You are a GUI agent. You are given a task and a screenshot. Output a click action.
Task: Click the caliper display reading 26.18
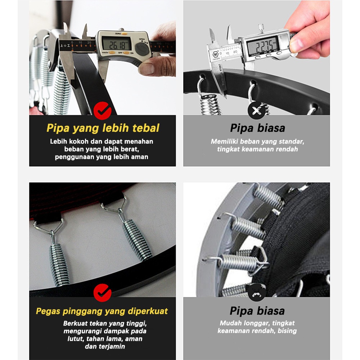117,43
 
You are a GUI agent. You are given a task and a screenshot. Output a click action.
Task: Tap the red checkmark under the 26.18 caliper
102,111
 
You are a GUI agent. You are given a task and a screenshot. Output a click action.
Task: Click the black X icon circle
257,111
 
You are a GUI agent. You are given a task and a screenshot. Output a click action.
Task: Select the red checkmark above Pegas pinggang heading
102,293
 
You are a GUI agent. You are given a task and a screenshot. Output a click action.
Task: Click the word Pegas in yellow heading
48,311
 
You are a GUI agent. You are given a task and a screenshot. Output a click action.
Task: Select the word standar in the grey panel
292,141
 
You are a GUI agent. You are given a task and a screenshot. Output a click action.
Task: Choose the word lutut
76,339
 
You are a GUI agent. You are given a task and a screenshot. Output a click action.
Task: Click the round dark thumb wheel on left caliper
142,49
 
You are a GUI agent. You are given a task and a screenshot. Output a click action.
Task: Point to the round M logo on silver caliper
216,55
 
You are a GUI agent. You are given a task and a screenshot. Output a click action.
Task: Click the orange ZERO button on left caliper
125,33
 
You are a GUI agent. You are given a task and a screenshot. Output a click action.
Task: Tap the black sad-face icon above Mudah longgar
257,292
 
